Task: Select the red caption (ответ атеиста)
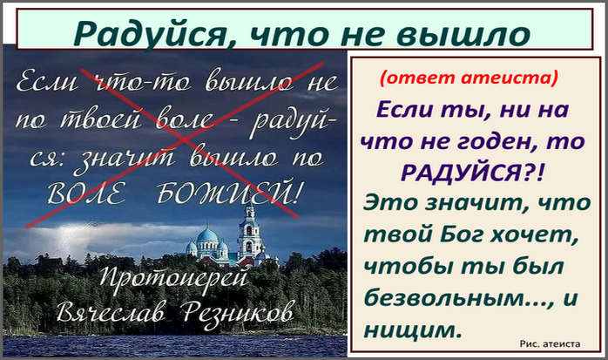pos(469,78)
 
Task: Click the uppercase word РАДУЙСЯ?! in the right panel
pos(472,173)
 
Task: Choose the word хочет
pos(534,235)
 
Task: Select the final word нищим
pos(414,330)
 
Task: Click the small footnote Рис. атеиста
pos(550,343)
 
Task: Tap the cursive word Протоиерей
pos(173,278)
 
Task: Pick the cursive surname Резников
pos(237,313)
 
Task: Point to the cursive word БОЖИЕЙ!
pos(228,193)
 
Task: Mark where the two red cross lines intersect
pos(180,139)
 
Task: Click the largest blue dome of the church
pos(207,236)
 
